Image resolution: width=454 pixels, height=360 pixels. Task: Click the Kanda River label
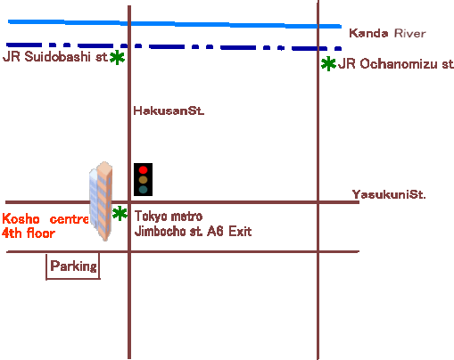[387, 33]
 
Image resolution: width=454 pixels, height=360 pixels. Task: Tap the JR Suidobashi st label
[55, 56]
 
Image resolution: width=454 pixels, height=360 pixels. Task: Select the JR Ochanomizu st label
[396, 64]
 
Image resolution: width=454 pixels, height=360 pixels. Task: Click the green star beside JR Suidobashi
[117, 57]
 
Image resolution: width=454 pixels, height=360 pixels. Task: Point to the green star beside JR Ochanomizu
[328, 63]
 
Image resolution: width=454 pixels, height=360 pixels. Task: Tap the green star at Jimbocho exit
[120, 213]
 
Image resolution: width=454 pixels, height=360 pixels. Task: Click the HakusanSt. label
[169, 110]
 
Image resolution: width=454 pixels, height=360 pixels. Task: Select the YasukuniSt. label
[389, 194]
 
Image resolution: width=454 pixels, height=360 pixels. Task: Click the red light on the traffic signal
[143, 170]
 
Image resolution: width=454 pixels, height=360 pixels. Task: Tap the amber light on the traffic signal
[143, 180]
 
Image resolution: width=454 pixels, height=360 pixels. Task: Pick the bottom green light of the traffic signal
[143, 190]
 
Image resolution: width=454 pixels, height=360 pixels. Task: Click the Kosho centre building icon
[101, 200]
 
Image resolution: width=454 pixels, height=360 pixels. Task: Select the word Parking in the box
[73, 266]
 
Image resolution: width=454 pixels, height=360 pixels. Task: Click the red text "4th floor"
[29, 233]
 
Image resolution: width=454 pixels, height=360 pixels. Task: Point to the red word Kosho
[21, 219]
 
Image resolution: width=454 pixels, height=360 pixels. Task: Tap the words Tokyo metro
[169, 217]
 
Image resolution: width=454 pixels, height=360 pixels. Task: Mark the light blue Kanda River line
[175, 23]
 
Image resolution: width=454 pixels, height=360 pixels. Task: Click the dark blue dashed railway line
[174, 46]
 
